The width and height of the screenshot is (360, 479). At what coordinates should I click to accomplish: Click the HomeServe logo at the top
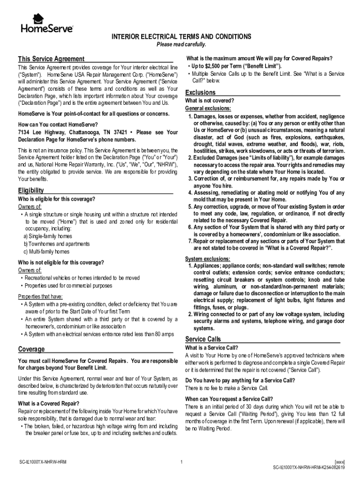coord(46,24)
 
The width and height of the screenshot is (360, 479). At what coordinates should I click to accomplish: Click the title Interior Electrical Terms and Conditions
coord(180,36)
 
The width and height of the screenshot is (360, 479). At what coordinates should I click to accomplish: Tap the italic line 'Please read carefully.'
coord(180,44)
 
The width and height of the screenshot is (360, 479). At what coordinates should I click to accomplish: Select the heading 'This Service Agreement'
coord(51,59)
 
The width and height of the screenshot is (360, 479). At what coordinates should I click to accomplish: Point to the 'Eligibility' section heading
coord(31,190)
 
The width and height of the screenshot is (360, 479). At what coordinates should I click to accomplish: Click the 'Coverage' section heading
coord(31,349)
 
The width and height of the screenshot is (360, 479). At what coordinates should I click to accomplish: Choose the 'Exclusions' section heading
coord(201,92)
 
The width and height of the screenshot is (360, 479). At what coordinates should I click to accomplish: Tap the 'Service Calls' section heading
coord(203,339)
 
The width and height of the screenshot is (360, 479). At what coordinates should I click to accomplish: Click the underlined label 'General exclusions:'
coord(208,108)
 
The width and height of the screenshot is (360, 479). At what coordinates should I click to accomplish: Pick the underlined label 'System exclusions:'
coord(208,259)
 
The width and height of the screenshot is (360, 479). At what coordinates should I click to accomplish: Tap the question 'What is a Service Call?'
coord(212,348)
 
